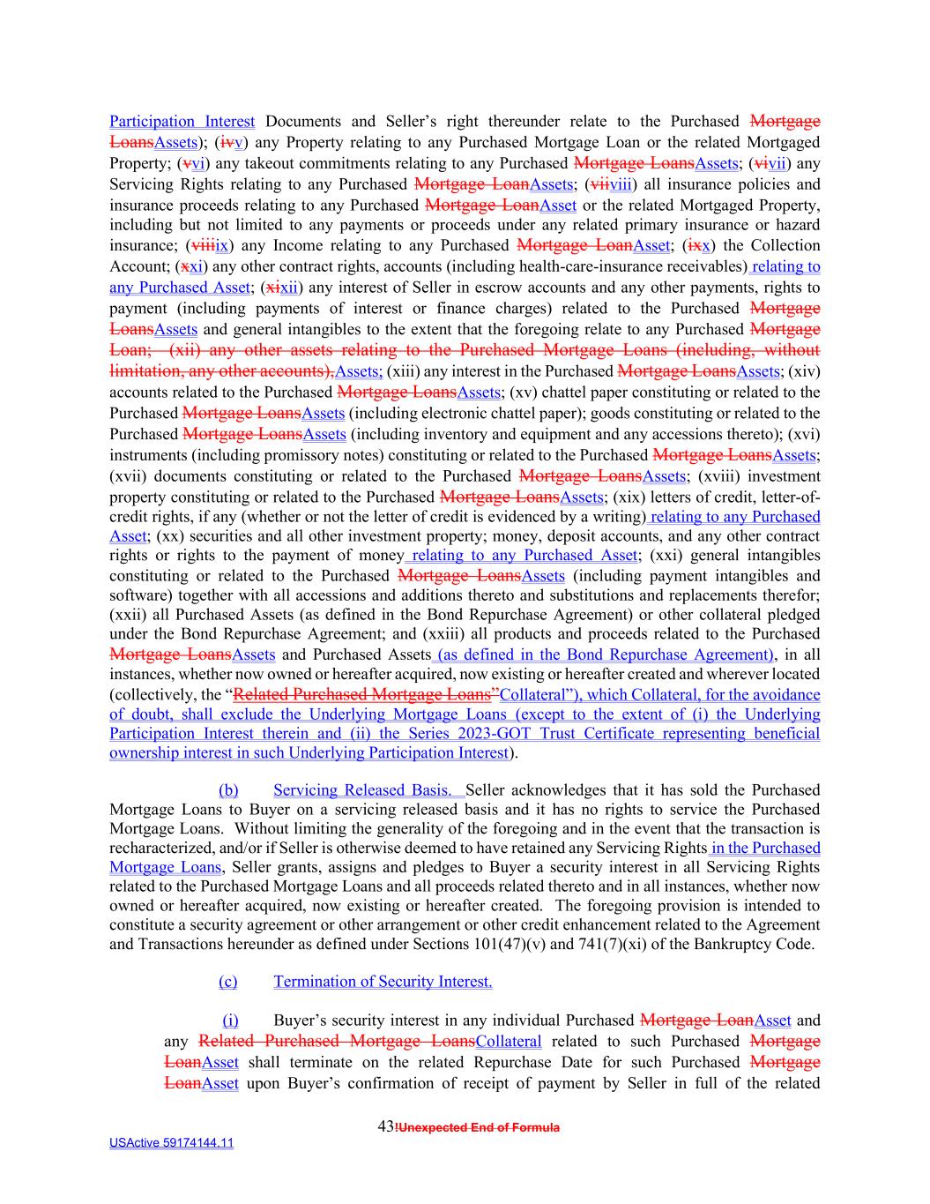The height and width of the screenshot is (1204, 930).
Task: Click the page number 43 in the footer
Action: tap(385, 1126)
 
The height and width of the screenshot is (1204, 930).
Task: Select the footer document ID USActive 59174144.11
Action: tap(171, 1143)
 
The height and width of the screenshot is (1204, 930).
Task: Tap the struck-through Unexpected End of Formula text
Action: tap(479, 1127)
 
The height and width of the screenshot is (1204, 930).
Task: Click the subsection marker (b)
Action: tap(228, 790)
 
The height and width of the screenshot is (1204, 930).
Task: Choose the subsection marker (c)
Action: tap(228, 982)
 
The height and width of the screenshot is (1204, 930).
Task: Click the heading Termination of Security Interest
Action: tap(383, 982)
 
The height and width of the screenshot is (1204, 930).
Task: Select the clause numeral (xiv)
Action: tap(803, 371)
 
